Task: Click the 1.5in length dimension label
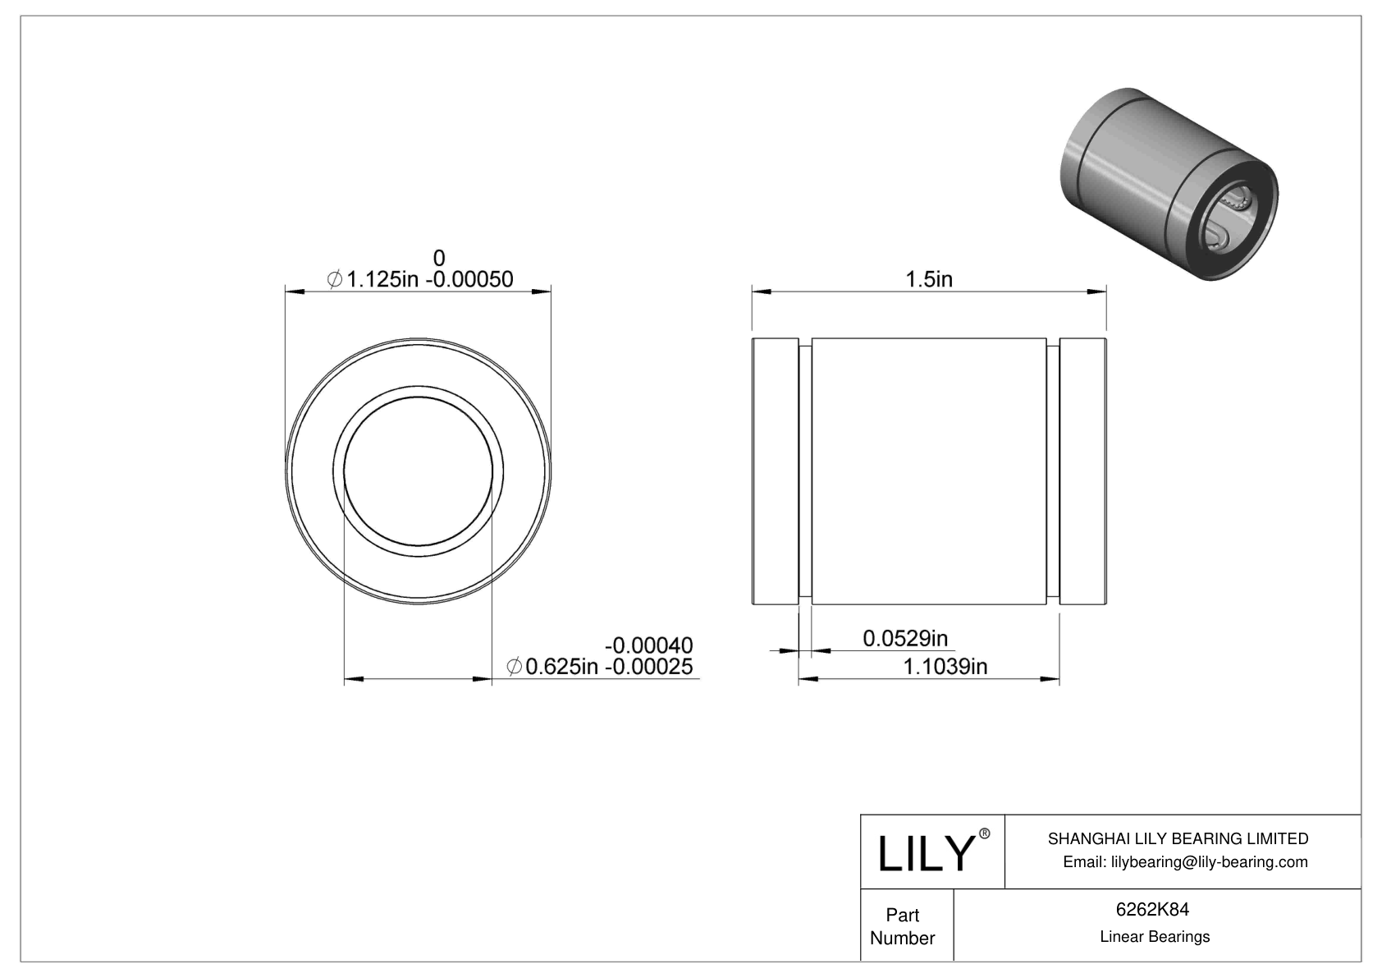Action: pos(928,279)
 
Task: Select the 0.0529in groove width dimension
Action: pos(905,638)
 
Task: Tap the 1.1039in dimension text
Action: pos(945,666)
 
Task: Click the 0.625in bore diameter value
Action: pos(561,667)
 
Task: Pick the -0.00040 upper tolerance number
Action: pos(648,645)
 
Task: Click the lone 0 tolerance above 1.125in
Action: pos(439,258)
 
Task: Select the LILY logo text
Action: pos(924,854)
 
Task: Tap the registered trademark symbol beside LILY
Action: pos(985,833)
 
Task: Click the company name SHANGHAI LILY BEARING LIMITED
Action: pos(1178,838)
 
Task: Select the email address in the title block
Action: pos(1185,861)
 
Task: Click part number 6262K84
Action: pos(1153,909)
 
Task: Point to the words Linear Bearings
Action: pos(1155,936)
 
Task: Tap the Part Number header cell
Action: pos(903,926)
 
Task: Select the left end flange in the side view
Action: pos(775,471)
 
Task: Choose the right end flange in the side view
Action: pos(1082,471)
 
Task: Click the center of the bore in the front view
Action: pos(418,471)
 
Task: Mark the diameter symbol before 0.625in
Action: pos(515,667)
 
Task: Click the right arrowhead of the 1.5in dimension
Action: pos(1097,291)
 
